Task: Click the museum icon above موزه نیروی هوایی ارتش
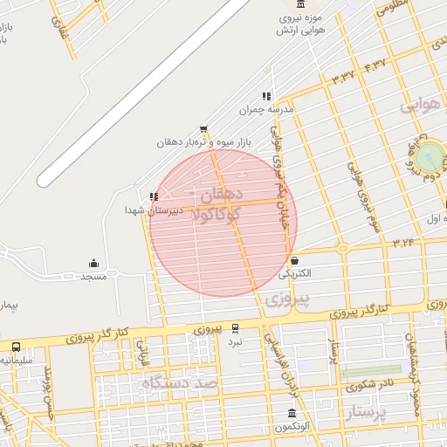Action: tap(301, 5)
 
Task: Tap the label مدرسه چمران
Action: tap(268, 111)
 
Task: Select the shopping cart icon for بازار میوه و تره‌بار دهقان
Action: tap(203, 129)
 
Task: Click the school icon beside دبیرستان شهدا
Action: tap(154, 197)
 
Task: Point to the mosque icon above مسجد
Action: tap(93, 264)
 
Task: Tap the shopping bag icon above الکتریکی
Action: tap(294, 260)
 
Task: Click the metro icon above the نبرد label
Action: tap(235, 328)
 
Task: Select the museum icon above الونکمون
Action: tap(292, 414)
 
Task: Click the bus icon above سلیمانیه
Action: tap(16, 347)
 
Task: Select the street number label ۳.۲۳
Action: tap(402, 241)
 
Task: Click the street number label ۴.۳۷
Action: tap(374, 64)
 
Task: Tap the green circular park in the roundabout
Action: tap(429, 157)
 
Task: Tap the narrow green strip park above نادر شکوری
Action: tap(370, 371)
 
